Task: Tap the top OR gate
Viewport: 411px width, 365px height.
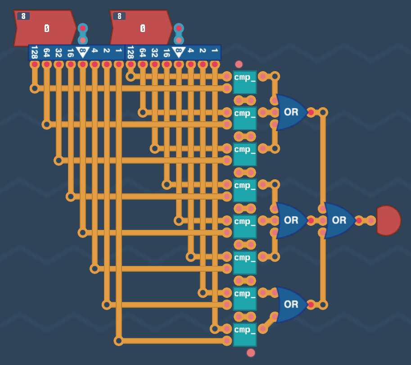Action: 290,112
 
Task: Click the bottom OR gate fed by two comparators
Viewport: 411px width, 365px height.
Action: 290,304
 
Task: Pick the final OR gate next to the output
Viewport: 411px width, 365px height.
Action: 339,220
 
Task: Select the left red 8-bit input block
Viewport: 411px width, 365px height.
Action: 45,28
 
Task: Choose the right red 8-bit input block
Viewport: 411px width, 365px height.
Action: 141,28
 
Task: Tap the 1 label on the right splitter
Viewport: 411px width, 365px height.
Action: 215,50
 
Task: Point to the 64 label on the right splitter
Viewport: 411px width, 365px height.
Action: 143,52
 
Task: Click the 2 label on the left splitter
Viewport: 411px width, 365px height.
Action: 107,50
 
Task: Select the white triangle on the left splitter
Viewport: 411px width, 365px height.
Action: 82,52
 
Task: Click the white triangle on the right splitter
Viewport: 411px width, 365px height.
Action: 179,52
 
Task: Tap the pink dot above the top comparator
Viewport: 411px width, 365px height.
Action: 239,64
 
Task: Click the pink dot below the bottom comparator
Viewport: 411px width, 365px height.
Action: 251,352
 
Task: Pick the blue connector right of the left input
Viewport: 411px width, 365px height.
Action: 83,34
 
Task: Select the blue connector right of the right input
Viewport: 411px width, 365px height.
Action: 179,34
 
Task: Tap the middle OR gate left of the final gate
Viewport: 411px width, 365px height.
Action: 290,220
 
